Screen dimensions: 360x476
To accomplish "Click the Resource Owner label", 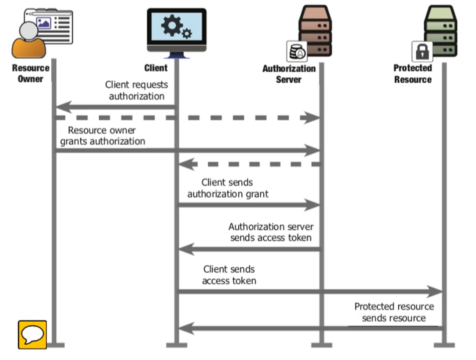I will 30,73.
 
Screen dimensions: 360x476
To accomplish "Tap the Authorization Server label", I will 289,74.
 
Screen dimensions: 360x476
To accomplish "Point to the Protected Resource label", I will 413,74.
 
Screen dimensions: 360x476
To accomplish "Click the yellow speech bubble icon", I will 32,334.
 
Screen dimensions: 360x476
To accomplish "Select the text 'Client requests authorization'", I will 137,90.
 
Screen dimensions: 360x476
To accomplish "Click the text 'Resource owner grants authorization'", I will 103,136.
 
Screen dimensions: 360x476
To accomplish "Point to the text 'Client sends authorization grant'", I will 228,188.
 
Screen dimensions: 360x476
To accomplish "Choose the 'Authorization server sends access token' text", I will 271,232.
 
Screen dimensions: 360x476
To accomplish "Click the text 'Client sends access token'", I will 229,275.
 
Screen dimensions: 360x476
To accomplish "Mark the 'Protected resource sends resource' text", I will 394,312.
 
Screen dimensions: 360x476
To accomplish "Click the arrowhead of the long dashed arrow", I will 313,118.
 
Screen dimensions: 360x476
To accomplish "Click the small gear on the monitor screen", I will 187,33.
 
